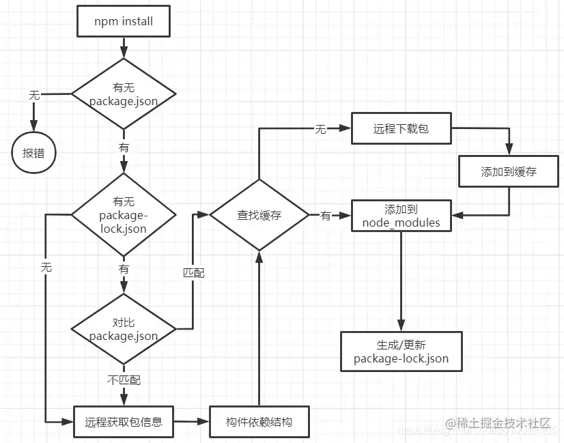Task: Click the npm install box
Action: (x=124, y=21)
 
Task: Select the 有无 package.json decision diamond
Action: (x=124, y=94)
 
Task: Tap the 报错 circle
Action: (x=33, y=153)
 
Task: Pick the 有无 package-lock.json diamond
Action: (x=124, y=215)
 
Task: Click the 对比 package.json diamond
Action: (x=124, y=329)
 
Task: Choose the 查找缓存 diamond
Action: (x=259, y=216)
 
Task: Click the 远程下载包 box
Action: (x=401, y=128)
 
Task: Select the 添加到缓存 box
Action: (x=509, y=171)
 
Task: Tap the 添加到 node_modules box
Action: (x=401, y=216)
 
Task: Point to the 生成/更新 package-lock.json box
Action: (x=401, y=352)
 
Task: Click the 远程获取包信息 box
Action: (x=124, y=422)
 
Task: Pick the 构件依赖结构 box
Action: (x=259, y=422)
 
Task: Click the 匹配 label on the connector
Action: (x=193, y=273)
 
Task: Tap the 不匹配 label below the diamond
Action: (x=124, y=380)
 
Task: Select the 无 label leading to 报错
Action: (x=34, y=95)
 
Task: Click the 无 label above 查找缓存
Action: (x=320, y=129)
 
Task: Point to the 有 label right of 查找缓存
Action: (x=325, y=216)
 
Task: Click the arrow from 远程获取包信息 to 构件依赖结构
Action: (x=191, y=422)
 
